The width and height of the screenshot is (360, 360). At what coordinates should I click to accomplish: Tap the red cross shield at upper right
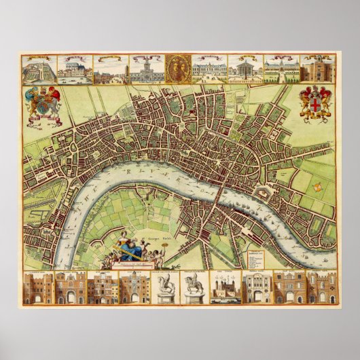317,104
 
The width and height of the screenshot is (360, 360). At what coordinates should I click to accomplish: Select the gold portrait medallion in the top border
179,68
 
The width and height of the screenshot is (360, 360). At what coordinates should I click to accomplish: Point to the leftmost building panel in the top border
38,69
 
